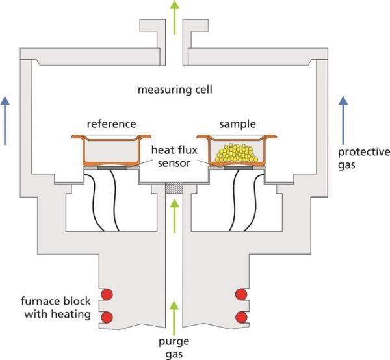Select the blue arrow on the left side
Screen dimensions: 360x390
pyautogui.click(x=6, y=114)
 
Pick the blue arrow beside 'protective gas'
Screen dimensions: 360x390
pyautogui.click(x=342, y=114)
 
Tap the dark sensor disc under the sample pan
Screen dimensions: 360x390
pyautogui.click(x=236, y=168)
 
